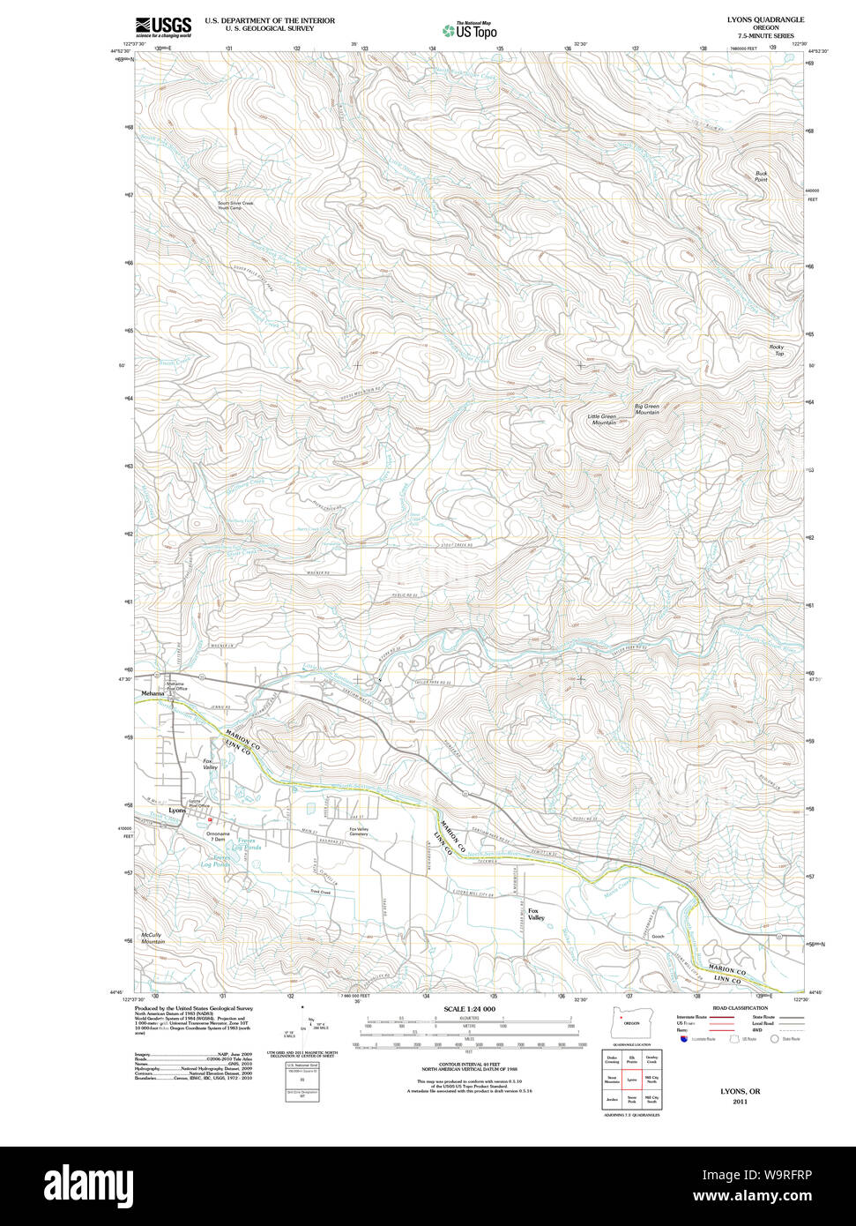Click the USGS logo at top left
coord(163,27)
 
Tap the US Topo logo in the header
coord(470,30)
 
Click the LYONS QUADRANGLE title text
coord(765,19)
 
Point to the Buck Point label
coord(761,176)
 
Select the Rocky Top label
coord(777,350)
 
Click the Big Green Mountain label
coord(647,409)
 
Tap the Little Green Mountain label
coord(603,419)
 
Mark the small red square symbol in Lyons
coord(211,819)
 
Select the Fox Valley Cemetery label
coord(358,831)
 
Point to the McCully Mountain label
coord(153,938)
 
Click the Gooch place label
coord(658,936)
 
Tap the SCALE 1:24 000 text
coord(469,1009)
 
